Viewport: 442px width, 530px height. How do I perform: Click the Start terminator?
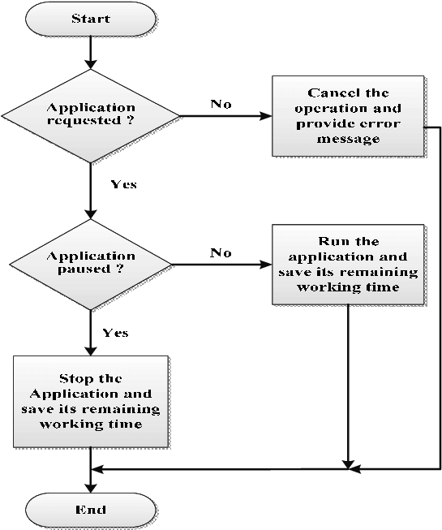pos(91,19)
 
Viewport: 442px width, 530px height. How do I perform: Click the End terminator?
pos(91,510)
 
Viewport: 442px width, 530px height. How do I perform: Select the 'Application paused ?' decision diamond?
pos(91,264)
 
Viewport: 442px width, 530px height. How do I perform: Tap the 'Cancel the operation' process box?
pos(348,116)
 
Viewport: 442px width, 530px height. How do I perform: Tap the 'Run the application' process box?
pos(348,265)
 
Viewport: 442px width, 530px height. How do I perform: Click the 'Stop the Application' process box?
pos(91,401)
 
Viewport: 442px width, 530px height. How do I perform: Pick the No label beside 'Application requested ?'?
pos(221,104)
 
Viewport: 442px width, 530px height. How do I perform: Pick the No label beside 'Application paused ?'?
pos(221,252)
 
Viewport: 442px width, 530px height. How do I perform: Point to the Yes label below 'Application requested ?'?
pos(123,185)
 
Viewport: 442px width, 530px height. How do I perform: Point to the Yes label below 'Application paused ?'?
pos(115,333)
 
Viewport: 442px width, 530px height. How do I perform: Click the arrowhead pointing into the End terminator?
pos(91,489)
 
